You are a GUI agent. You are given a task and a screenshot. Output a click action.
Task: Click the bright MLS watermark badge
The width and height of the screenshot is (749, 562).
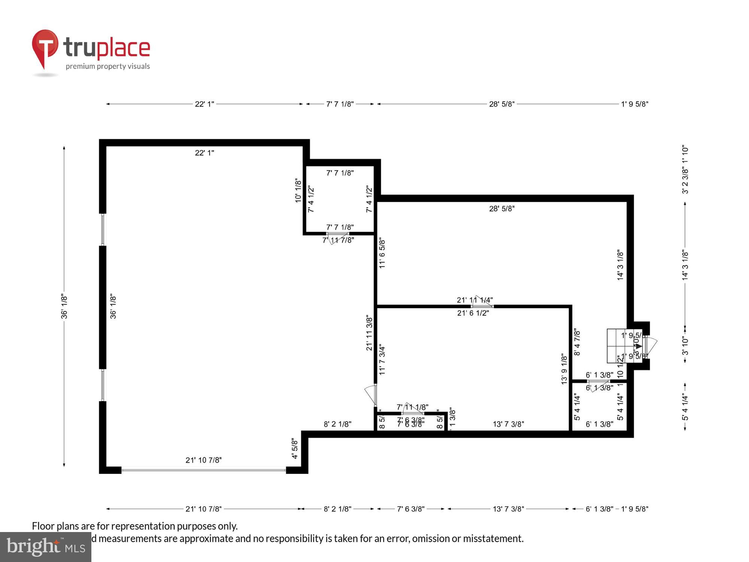click(46, 547)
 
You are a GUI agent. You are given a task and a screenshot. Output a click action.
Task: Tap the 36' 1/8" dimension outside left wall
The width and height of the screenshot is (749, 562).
click(64, 306)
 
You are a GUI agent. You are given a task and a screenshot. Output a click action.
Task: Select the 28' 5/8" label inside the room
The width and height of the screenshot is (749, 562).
click(501, 209)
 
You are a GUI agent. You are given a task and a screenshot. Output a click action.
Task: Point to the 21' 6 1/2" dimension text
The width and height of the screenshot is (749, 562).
click(473, 313)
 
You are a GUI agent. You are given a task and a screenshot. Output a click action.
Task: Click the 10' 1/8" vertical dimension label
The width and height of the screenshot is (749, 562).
click(298, 190)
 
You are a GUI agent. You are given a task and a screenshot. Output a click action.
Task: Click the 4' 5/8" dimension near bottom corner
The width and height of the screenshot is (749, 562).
click(295, 449)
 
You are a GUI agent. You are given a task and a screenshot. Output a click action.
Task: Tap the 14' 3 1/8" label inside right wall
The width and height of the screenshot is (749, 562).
click(620, 265)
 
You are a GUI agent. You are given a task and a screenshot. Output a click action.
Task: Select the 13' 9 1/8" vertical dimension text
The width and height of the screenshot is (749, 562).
click(564, 369)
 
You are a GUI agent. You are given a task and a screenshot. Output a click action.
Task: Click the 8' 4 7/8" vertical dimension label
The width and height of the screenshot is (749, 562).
click(577, 342)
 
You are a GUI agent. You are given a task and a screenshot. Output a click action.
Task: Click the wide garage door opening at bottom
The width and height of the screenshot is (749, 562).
click(203, 469)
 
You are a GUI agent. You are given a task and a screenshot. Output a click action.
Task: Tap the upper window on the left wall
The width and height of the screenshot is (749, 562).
click(103, 229)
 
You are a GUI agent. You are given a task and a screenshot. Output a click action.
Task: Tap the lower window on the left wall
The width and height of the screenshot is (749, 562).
click(103, 385)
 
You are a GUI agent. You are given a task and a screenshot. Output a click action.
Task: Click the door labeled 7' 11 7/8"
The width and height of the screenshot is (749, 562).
click(337, 236)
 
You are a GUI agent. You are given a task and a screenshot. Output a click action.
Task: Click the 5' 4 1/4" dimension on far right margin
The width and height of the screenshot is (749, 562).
click(685, 407)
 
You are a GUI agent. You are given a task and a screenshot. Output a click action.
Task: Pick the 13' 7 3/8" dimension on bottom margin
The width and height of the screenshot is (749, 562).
click(508, 509)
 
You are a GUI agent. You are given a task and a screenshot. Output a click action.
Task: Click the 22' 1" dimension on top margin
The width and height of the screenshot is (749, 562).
click(204, 104)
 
